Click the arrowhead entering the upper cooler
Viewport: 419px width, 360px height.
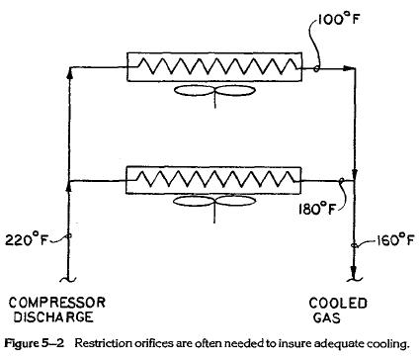120,68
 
